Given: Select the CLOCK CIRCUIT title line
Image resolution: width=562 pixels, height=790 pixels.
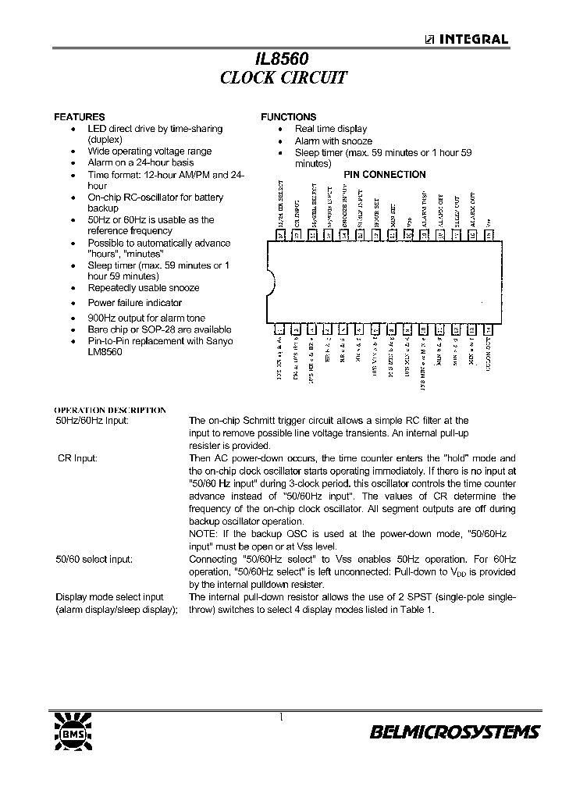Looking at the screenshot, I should click(283, 78).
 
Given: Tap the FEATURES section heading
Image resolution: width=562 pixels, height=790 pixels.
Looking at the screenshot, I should click(79, 117).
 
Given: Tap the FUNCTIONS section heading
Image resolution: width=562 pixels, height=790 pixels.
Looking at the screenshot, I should click(289, 117).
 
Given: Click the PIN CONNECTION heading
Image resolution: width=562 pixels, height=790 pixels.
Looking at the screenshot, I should click(385, 175).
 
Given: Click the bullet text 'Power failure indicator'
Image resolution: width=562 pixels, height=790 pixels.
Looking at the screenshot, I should click(134, 303).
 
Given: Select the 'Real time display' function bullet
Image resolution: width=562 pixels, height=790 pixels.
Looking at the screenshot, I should click(330, 129).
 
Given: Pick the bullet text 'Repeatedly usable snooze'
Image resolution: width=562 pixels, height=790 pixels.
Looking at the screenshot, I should click(143, 288).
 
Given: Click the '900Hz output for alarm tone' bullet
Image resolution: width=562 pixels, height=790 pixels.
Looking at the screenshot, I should click(146, 318).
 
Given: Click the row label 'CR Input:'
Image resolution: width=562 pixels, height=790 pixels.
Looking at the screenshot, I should click(76, 458).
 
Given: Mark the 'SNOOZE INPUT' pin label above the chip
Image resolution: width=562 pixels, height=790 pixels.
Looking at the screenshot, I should click(344, 207).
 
